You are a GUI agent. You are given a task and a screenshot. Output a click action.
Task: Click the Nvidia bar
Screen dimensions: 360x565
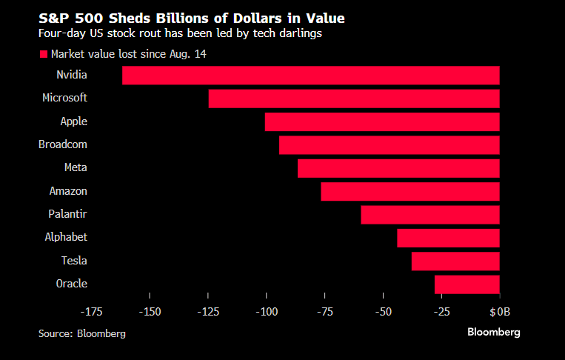(x=311, y=75)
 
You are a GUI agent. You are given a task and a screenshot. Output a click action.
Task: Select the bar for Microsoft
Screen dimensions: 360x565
(x=354, y=99)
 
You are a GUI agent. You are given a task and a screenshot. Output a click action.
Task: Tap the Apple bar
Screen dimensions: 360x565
(x=382, y=121)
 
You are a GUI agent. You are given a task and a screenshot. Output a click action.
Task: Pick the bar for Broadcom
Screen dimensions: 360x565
(x=390, y=144)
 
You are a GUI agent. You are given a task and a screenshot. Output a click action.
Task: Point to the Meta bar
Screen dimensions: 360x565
(x=398, y=168)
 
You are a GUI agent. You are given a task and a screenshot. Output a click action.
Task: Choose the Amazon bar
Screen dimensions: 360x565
(x=410, y=191)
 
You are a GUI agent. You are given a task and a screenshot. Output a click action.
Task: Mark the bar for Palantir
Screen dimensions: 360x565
(x=430, y=215)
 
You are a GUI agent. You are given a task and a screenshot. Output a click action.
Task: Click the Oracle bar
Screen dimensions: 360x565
(x=467, y=284)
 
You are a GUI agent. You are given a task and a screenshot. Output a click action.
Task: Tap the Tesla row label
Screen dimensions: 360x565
(x=74, y=261)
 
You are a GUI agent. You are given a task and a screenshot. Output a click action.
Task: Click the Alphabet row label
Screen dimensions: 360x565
(x=66, y=237)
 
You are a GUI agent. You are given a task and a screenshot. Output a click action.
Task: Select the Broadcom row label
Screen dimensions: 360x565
(x=63, y=144)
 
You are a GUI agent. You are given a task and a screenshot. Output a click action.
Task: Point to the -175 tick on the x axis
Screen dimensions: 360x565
(x=92, y=312)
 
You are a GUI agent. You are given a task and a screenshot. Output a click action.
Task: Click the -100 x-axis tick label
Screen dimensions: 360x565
(x=267, y=312)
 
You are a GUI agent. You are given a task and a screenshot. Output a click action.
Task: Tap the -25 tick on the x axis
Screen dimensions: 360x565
(x=442, y=312)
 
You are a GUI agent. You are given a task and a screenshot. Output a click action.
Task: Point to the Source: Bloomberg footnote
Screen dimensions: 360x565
(x=82, y=333)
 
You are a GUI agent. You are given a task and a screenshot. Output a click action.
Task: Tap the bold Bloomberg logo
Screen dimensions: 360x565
(x=493, y=332)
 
